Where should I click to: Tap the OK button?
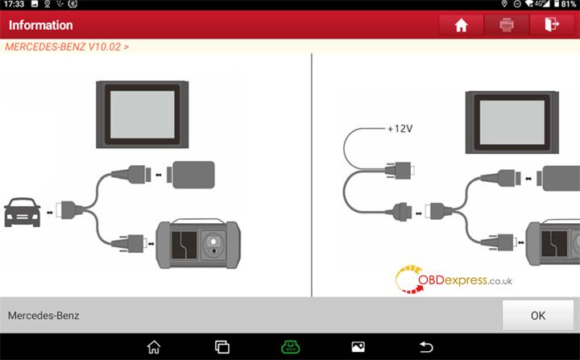537,315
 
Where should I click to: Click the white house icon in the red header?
461,25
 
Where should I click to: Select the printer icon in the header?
507,25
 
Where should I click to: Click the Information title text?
41,25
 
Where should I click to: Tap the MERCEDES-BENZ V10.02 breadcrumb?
67,47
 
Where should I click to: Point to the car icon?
23,213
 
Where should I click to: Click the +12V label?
400,129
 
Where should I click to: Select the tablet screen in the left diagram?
143,114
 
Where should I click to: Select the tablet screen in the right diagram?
512,122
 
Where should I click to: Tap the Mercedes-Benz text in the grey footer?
43,316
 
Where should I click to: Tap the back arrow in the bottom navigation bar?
426,347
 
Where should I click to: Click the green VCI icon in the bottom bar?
290,347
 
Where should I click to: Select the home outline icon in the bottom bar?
154,347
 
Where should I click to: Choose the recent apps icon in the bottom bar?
222,347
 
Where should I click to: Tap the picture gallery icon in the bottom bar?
358,347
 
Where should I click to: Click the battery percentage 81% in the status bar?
568,4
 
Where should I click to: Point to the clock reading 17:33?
14,4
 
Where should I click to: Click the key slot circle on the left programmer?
213,242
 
